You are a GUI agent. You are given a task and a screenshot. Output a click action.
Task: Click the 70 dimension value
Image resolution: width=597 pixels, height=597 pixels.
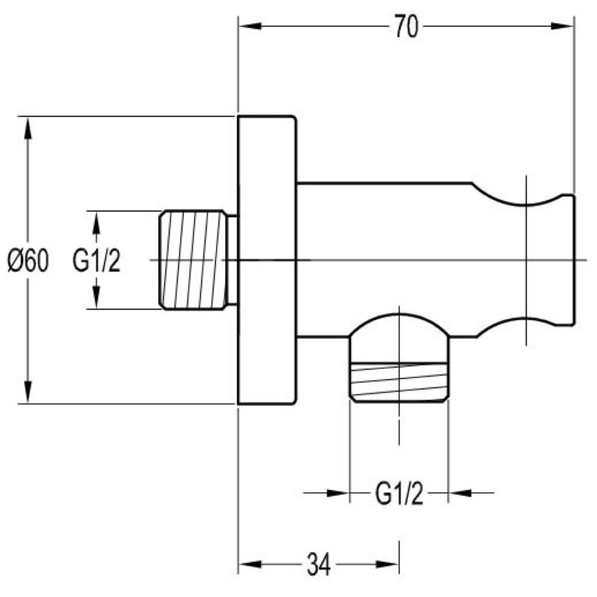pyautogui.click(x=406, y=26)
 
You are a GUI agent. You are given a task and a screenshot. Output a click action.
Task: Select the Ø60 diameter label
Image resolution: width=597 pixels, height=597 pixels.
pyautogui.click(x=29, y=260)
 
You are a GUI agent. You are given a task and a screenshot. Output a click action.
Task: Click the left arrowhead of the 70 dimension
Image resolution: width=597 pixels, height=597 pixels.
pyautogui.click(x=250, y=26)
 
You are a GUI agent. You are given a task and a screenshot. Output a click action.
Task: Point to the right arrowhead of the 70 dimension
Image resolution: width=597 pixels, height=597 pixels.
pyautogui.click(x=562, y=26)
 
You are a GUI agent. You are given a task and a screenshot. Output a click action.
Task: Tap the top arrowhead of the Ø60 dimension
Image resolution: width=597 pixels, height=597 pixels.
pyautogui.click(x=27, y=129)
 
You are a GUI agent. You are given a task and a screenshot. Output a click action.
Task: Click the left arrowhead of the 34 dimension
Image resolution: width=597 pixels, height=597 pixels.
pyautogui.click(x=250, y=564)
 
